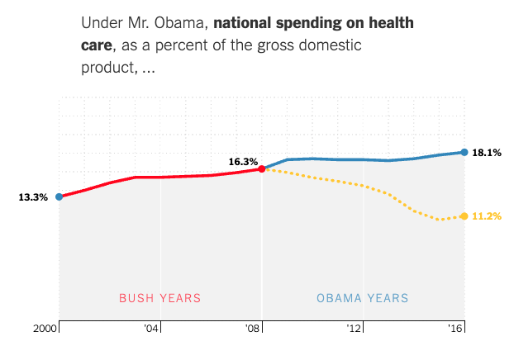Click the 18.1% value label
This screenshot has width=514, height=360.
click(487, 153)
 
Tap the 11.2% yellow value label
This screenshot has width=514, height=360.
click(487, 216)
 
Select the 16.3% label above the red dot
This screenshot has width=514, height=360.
click(244, 162)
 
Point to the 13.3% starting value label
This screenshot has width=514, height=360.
click(33, 197)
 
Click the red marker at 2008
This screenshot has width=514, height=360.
click(262, 168)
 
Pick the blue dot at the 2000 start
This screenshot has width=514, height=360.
click(59, 197)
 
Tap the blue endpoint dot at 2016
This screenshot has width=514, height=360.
click(464, 152)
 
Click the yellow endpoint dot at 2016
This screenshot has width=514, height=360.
click(464, 216)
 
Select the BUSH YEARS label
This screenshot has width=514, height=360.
click(160, 298)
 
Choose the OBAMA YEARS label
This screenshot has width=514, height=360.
click(363, 298)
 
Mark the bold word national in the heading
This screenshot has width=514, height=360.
click(245, 21)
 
